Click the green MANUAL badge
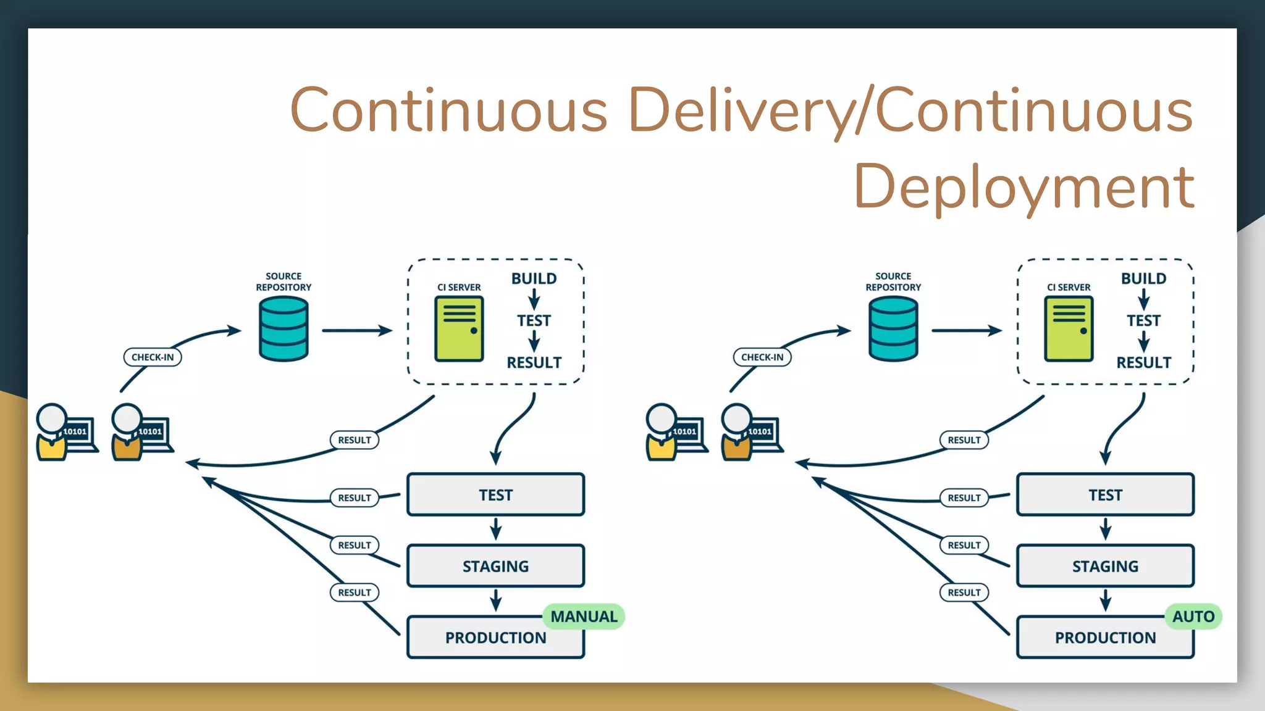tap(584, 617)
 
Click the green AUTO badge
tap(1193, 617)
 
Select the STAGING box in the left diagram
tap(495, 566)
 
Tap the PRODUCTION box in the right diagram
tap(1105, 638)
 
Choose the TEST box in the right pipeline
tap(1105, 495)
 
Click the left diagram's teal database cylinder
tap(284, 329)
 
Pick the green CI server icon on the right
tap(1069, 329)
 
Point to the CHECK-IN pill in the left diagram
tap(153, 357)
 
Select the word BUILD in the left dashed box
tap(534, 279)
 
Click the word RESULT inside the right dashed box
tap(1143, 363)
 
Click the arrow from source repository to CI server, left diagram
tap(356, 331)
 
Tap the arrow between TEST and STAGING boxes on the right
tap(1105, 529)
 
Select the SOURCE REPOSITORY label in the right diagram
tap(893, 282)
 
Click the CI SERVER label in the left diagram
tap(459, 288)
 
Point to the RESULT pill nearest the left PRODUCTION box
tap(354, 592)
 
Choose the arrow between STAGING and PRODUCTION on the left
tap(495, 600)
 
